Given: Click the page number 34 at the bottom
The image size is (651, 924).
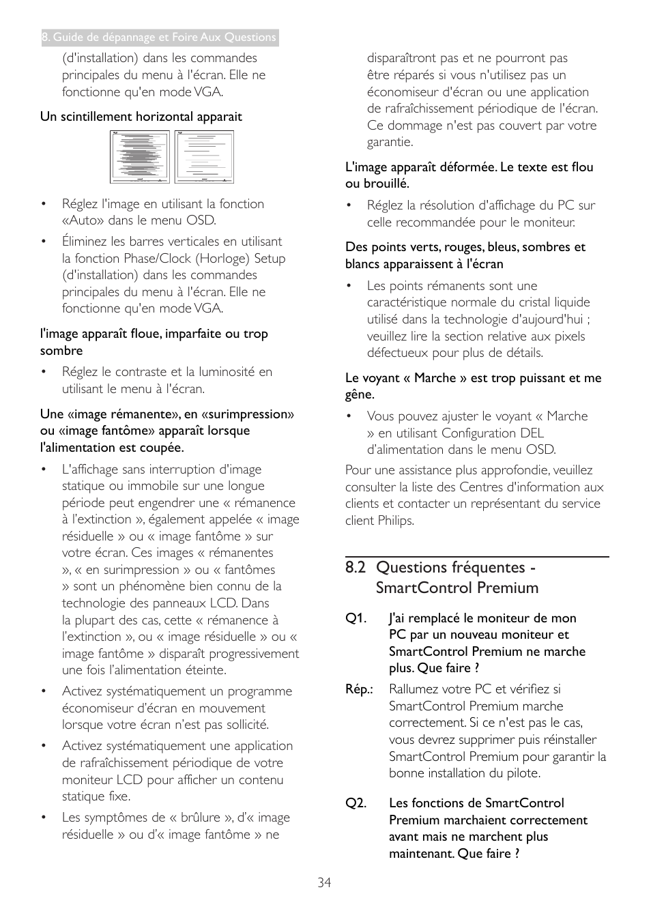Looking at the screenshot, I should point(324,882).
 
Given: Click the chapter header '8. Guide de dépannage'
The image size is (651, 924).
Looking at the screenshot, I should point(159,38).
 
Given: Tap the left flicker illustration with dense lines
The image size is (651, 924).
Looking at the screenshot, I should point(139,157).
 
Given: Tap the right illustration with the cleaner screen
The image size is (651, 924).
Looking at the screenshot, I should point(204,157).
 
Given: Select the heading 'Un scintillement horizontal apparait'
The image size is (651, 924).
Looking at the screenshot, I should point(141,117).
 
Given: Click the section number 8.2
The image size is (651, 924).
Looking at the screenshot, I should point(356,568).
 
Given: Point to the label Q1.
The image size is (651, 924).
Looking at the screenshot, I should point(356,618).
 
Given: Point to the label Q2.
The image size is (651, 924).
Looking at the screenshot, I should point(356,803).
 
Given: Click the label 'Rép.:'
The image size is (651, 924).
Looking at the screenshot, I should point(359,689).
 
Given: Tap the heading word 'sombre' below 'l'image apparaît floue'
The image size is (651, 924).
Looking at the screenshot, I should point(61,351).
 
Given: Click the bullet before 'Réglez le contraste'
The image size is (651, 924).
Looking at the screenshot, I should point(44,372).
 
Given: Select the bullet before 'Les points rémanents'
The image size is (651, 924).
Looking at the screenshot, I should point(349,286).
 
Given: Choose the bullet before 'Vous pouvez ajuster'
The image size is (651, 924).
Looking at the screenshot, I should point(349,416).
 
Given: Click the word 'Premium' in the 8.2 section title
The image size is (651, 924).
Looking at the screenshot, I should point(507,588).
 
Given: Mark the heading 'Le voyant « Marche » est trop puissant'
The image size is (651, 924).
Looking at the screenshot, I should point(473,378).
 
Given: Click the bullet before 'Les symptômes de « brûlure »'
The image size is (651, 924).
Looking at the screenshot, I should point(44,818).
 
